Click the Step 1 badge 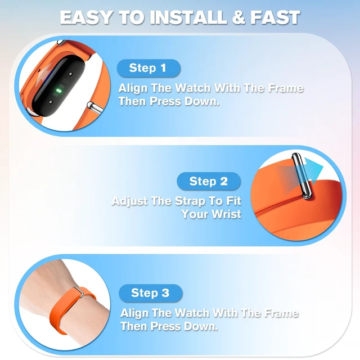click(148, 68)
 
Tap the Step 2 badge click(209, 181)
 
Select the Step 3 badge click(151, 293)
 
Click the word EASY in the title click(87, 17)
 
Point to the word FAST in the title click(275, 17)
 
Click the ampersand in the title click(238, 17)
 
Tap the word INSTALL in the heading click(188, 17)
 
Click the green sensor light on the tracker click(59, 91)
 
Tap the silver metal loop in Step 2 click(301, 175)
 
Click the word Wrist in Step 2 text click(226, 214)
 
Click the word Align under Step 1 click(133, 88)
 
